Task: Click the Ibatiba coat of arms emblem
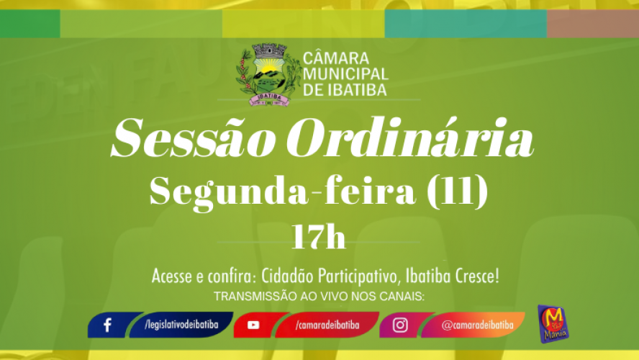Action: pos(268,75)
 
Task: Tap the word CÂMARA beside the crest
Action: pos(336,58)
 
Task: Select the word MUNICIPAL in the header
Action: pos(345,74)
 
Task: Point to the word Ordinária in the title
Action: pos(410,138)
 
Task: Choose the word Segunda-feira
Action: pos(282,192)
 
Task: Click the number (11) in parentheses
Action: pos(457,191)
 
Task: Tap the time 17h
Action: pos(318,236)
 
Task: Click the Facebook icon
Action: pos(108,325)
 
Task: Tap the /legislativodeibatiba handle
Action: pos(181,325)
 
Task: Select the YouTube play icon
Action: pos(253,325)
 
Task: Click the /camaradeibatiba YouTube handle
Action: pos(327,325)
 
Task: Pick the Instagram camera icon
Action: pos(400,325)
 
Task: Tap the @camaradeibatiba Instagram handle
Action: pos(477,325)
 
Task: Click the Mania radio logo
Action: pos(553,323)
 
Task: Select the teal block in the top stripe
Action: pos(466,24)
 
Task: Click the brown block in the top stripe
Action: pos(593,24)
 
